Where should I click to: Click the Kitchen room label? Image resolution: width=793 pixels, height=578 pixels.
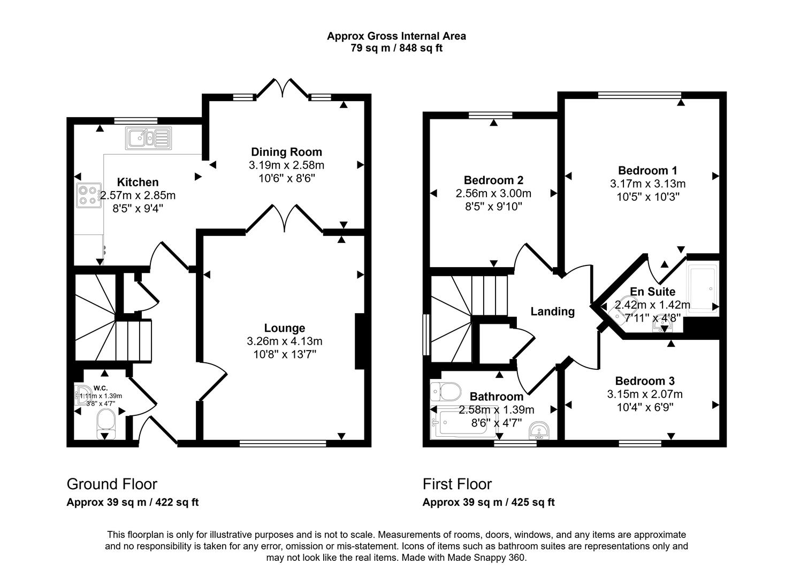tap(138, 182)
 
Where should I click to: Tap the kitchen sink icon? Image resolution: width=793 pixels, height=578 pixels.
tap(148, 138)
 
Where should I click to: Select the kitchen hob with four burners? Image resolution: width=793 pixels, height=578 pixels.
tap(89, 195)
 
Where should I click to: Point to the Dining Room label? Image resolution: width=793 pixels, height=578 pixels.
tap(286, 152)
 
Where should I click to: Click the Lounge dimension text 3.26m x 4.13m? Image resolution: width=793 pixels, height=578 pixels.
tap(285, 341)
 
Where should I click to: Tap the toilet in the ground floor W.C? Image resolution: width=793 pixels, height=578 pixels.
tap(105, 420)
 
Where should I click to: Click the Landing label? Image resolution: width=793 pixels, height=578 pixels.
tap(552, 311)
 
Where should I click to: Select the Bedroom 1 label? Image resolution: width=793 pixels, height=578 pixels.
tap(647, 171)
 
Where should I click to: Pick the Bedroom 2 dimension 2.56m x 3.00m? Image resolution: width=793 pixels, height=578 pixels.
tap(493, 193)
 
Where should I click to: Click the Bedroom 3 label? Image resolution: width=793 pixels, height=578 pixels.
tap(644, 381)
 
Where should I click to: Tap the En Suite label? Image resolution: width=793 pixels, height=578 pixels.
tap(652, 292)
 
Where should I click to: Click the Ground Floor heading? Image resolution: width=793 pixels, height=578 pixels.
tap(112, 484)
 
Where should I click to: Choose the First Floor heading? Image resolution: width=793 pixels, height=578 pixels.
tap(457, 484)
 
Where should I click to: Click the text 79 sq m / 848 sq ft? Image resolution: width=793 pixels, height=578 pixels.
tap(396, 48)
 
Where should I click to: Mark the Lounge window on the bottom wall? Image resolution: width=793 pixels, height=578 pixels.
tap(283, 443)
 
